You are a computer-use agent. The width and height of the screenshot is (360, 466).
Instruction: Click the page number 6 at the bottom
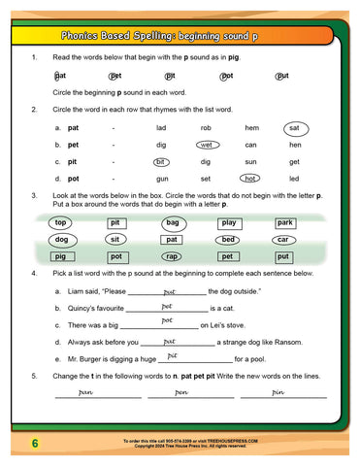pyautogui.click(x=34, y=444)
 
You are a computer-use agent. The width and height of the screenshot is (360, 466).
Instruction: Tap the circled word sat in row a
pyautogui.click(x=293, y=128)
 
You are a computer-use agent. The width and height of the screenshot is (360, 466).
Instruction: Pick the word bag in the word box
pyautogui.click(x=172, y=222)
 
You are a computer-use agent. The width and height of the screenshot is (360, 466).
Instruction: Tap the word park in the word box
pyautogui.click(x=284, y=222)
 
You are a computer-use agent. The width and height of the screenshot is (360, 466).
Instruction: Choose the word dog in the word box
pyautogui.click(x=61, y=239)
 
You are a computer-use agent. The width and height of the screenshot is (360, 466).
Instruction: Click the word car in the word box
pyautogui.click(x=283, y=239)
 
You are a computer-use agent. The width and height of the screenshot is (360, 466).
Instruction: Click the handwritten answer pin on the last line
pyautogui.click(x=279, y=392)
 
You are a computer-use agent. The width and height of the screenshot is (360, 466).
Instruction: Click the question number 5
pyautogui.click(x=35, y=375)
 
